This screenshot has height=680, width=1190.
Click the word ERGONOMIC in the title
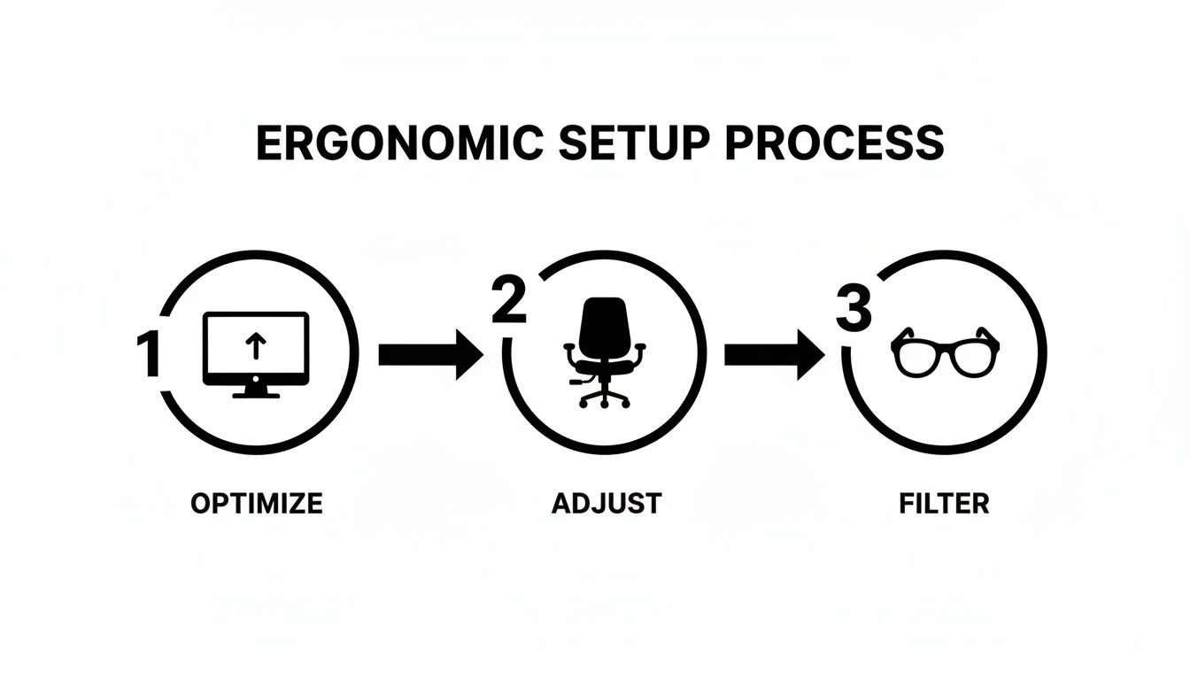pyautogui.click(x=399, y=143)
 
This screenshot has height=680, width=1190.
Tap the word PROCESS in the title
pyautogui.click(x=834, y=143)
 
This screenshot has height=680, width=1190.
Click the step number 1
pyautogui.click(x=148, y=354)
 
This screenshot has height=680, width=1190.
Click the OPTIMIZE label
pyautogui.click(x=257, y=503)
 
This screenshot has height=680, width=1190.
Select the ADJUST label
pyautogui.click(x=607, y=503)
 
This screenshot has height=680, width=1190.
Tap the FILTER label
pyautogui.click(x=944, y=503)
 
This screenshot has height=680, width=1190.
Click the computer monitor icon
pyautogui.click(x=256, y=354)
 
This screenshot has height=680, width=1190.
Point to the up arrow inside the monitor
pyautogui.click(x=256, y=346)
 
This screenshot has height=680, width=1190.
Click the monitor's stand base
pyautogui.click(x=256, y=395)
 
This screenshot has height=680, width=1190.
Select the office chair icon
pyautogui.click(x=605, y=352)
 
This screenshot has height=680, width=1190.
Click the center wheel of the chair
pyautogui.click(x=605, y=405)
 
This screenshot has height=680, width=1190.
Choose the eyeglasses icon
pyautogui.click(x=945, y=352)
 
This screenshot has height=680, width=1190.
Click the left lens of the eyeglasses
pyautogui.click(x=916, y=359)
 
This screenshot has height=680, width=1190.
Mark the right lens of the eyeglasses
pyautogui.click(x=974, y=359)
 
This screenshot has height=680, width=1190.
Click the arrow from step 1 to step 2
pyautogui.click(x=431, y=354)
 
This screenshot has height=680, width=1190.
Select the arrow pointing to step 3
pyautogui.click(x=775, y=354)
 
